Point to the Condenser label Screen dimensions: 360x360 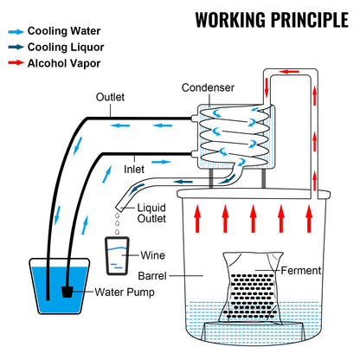point(207,87)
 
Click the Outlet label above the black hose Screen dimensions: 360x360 point(112,97)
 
